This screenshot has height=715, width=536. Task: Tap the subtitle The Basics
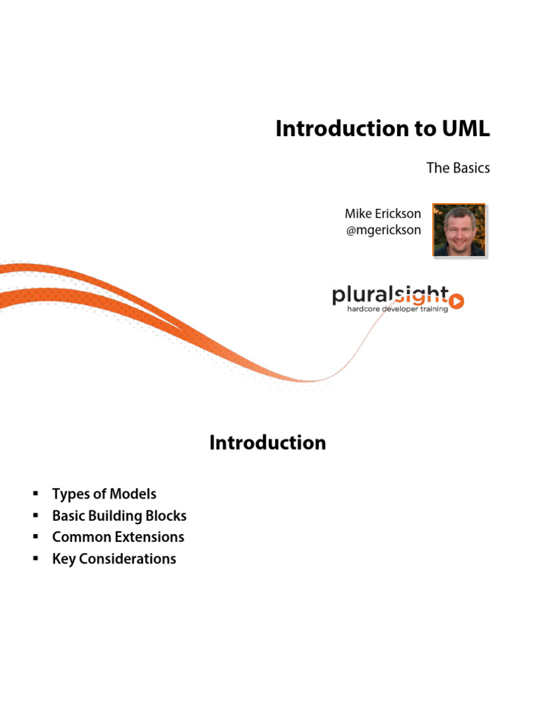(x=459, y=168)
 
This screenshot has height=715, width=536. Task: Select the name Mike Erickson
(x=383, y=214)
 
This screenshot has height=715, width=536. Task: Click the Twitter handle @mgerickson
(x=383, y=230)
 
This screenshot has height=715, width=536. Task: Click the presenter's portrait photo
(x=459, y=230)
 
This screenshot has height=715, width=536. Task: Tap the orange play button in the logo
(x=456, y=301)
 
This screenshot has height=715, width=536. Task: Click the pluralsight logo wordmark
(x=391, y=295)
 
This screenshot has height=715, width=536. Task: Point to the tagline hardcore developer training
(x=398, y=309)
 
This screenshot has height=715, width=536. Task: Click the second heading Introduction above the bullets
(x=267, y=443)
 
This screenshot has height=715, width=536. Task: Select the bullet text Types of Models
(x=104, y=494)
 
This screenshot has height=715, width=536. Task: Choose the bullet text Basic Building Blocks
(x=119, y=516)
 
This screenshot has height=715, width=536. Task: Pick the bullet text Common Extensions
(x=118, y=537)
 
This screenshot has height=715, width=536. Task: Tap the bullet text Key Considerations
(x=114, y=559)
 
